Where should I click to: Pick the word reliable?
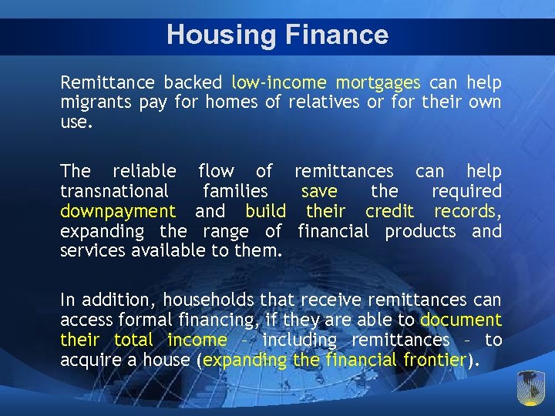point(144,171)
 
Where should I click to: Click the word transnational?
point(114,191)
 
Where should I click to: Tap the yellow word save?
point(319,191)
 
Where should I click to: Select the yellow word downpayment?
point(118,211)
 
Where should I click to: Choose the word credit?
point(389,211)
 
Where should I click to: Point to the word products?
point(422,231)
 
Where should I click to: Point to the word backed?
point(190,82)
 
